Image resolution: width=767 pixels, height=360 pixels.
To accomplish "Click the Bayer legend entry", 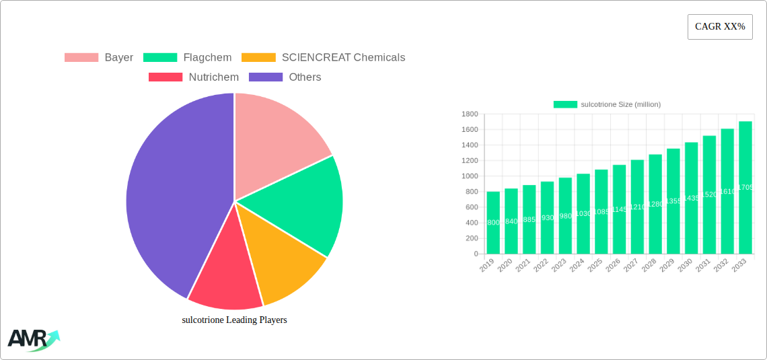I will point(99,58).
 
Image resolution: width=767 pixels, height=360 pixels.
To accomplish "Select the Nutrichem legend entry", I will point(194,77).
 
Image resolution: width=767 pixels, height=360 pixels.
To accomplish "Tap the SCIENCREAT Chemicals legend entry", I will point(324,58).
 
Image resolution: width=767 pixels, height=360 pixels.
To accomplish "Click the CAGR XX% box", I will point(720,27).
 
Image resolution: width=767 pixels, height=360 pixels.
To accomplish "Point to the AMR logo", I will point(32,339).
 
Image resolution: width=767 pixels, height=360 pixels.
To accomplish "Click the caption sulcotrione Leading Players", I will point(234,320).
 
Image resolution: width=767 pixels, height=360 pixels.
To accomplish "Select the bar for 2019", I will point(493,223).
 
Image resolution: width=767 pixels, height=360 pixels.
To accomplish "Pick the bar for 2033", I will point(745,188).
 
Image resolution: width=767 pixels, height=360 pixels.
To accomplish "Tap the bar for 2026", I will point(619,209).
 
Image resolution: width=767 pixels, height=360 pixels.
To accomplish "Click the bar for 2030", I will point(691,198).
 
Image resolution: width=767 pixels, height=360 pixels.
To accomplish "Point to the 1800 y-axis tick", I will point(469,114).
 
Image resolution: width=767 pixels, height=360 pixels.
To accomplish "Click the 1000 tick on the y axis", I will point(469,176).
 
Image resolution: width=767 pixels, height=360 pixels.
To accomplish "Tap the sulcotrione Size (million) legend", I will point(607,104).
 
